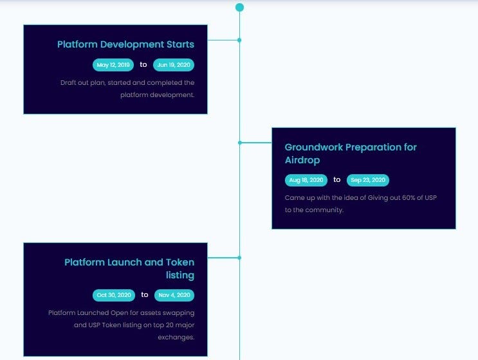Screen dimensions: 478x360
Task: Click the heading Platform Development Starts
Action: click(x=125, y=44)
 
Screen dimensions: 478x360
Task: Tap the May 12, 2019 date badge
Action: click(x=113, y=65)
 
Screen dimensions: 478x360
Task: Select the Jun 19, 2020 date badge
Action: click(x=174, y=65)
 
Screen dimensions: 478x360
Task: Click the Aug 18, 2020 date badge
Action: click(x=306, y=180)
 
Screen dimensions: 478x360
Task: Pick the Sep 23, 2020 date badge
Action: click(x=368, y=180)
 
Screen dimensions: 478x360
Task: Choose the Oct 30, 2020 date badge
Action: click(x=114, y=295)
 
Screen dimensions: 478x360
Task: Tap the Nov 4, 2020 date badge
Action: click(x=174, y=295)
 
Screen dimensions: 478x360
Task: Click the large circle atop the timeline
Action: click(x=239, y=7)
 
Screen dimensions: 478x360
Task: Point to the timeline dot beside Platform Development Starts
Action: click(x=239, y=40)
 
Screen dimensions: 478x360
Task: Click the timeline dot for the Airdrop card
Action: click(x=240, y=143)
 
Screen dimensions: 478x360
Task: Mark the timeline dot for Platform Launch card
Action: click(x=239, y=258)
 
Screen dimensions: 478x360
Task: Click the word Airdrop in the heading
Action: click(x=302, y=160)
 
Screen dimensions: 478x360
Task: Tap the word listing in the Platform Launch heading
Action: click(x=180, y=275)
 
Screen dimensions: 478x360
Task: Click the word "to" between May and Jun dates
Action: click(x=143, y=64)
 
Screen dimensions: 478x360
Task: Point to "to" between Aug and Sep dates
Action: click(x=337, y=180)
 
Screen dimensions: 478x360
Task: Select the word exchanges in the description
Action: click(x=176, y=337)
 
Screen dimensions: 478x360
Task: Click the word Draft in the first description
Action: click(x=68, y=82)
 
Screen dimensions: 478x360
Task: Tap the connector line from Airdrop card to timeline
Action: click(x=256, y=143)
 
